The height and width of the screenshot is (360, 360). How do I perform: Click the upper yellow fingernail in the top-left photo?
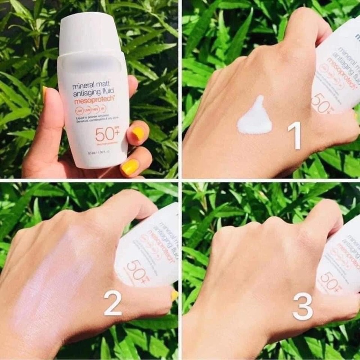point(138,133)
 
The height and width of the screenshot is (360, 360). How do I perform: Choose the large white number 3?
point(302,307)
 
